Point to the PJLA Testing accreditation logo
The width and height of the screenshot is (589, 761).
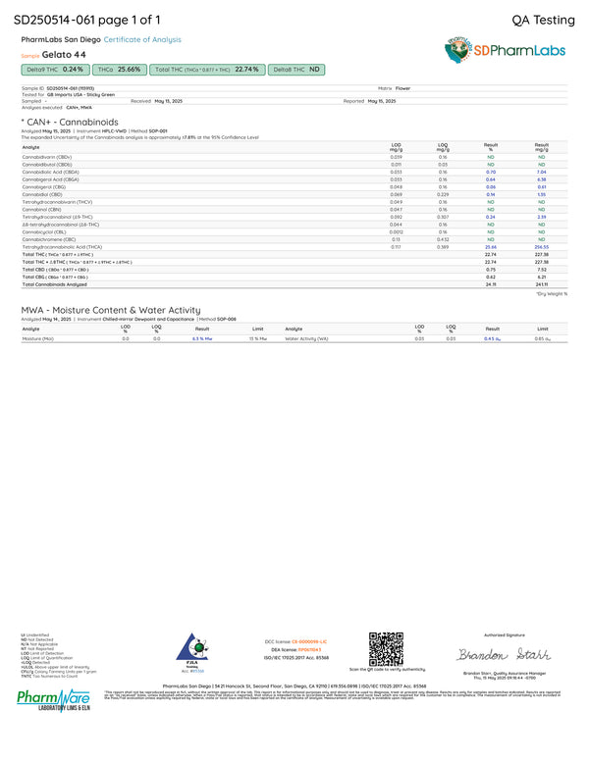tap(192, 650)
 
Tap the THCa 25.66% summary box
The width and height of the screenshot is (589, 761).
tap(121, 70)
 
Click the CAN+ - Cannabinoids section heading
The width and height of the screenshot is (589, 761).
tap(69, 122)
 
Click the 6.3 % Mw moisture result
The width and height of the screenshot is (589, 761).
tap(202, 338)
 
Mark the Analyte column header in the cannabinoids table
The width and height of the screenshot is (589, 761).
tap(30, 147)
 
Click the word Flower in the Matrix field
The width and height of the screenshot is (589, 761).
tap(402, 87)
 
